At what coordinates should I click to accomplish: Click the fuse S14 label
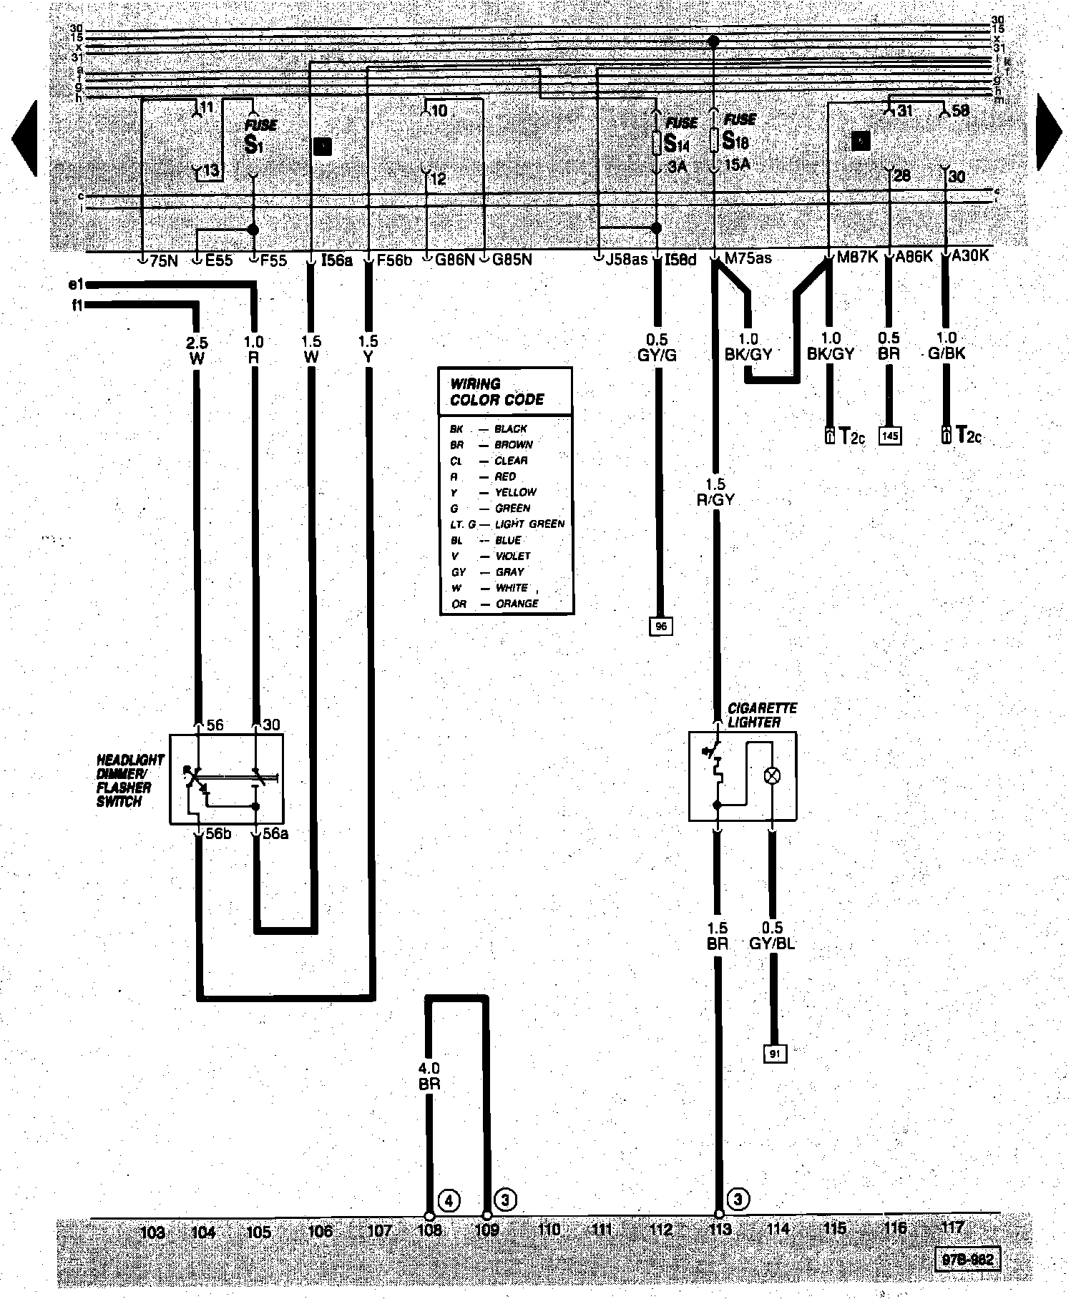(677, 143)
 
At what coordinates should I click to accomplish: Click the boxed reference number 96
(660, 626)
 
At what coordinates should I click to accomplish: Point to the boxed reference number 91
(774, 1054)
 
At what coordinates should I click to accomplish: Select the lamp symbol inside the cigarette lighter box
(773, 775)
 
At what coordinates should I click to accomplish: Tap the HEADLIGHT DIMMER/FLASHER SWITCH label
(130, 780)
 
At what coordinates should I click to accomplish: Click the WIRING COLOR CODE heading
(497, 391)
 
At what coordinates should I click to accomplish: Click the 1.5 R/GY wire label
(715, 492)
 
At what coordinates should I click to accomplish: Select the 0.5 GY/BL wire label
(772, 936)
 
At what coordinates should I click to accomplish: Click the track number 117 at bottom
(952, 1227)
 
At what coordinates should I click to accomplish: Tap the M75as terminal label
(748, 258)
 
